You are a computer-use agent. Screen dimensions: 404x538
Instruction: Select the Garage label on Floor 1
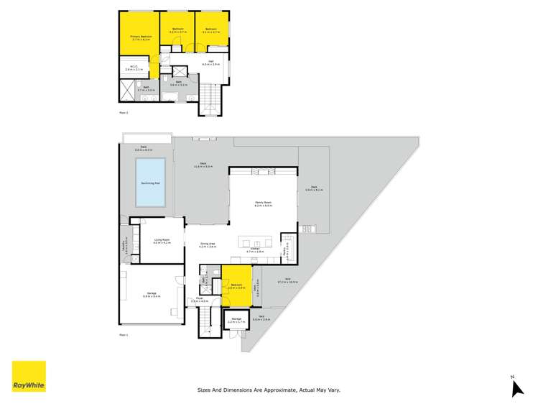[x=152, y=293]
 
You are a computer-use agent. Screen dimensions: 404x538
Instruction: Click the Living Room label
[x=161, y=242]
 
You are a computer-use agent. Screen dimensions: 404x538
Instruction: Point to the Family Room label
[x=262, y=203]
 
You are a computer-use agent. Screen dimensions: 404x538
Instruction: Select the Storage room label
[x=236, y=321]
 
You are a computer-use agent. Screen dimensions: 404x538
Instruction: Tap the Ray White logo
[x=29, y=377]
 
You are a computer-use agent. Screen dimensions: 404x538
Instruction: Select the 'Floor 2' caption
[x=124, y=113]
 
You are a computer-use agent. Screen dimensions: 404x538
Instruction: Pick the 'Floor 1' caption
[x=124, y=335]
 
